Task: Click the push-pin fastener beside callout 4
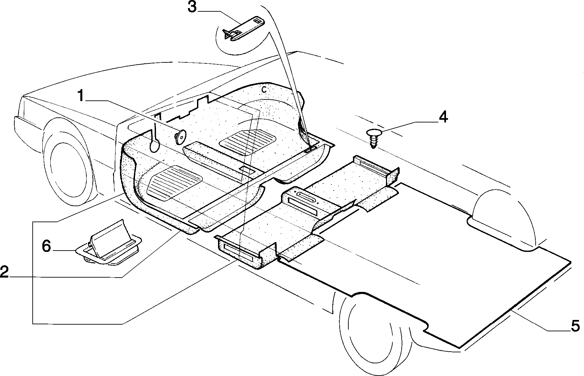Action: (373, 138)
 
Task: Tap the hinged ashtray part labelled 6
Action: (109, 244)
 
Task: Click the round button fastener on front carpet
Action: (180, 137)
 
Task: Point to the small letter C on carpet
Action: (263, 89)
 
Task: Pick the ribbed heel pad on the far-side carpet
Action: (249, 142)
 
